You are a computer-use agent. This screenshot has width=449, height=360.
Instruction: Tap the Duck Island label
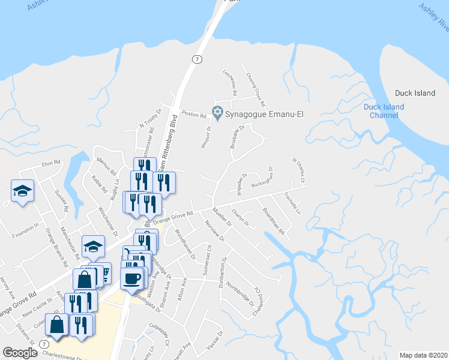tap(415, 93)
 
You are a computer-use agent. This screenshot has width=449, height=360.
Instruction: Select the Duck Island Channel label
tap(384, 111)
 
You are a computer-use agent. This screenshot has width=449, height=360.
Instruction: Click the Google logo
tap(20, 353)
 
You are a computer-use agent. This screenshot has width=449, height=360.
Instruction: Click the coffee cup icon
tap(133, 277)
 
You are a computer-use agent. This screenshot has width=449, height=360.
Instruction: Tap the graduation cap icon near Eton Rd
tap(22, 191)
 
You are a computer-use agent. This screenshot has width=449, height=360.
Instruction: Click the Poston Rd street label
tap(193, 113)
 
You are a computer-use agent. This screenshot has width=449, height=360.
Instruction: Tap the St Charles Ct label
tap(298, 171)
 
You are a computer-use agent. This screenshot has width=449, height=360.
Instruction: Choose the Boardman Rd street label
tap(273, 221)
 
